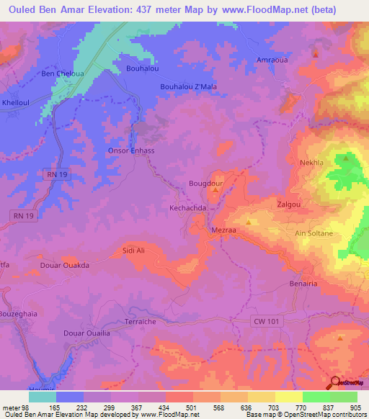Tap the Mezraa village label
pyautogui.click(x=223, y=231)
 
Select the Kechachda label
pyautogui.click(x=188, y=207)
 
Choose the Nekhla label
pyautogui.click(x=313, y=163)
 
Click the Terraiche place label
pyautogui.click(x=141, y=322)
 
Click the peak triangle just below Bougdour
pyautogui.click(x=215, y=191)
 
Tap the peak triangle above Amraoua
pyautogui.click(x=316, y=53)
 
